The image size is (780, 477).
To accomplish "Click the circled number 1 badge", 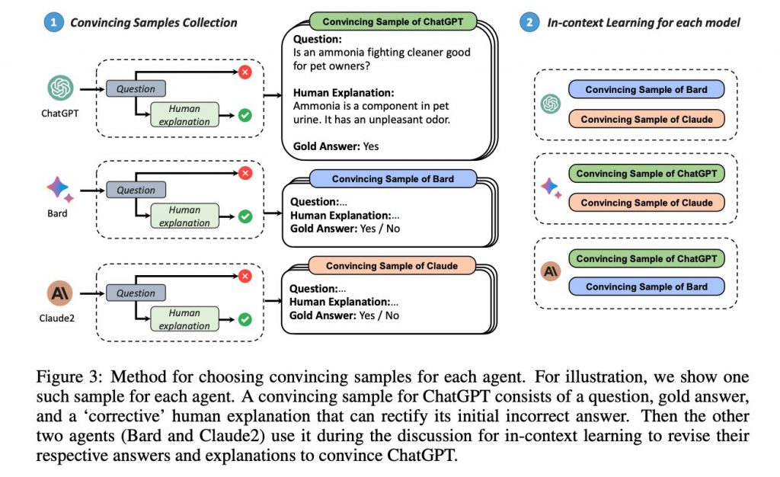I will click(x=53, y=23).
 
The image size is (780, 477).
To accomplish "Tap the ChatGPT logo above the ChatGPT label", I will click(x=60, y=88).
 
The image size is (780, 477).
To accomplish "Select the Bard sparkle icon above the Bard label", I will click(x=58, y=188).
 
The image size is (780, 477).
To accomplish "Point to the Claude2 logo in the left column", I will click(x=59, y=293).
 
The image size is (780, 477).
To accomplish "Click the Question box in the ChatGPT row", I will click(x=136, y=88).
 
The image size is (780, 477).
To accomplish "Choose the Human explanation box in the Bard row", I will click(x=184, y=216).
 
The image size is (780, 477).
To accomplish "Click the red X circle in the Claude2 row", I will click(x=245, y=276).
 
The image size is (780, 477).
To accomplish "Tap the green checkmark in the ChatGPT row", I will click(x=245, y=116).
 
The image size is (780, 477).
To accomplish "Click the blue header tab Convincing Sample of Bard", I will click(x=392, y=179).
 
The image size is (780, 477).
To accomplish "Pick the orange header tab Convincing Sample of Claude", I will click(x=392, y=266).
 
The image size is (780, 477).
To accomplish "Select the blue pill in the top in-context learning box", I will click(x=646, y=90).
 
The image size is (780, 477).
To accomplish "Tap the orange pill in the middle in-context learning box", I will click(x=646, y=203).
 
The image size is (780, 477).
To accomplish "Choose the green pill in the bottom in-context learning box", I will click(x=646, y=258).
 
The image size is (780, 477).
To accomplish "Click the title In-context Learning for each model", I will click(x=644, y=23).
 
